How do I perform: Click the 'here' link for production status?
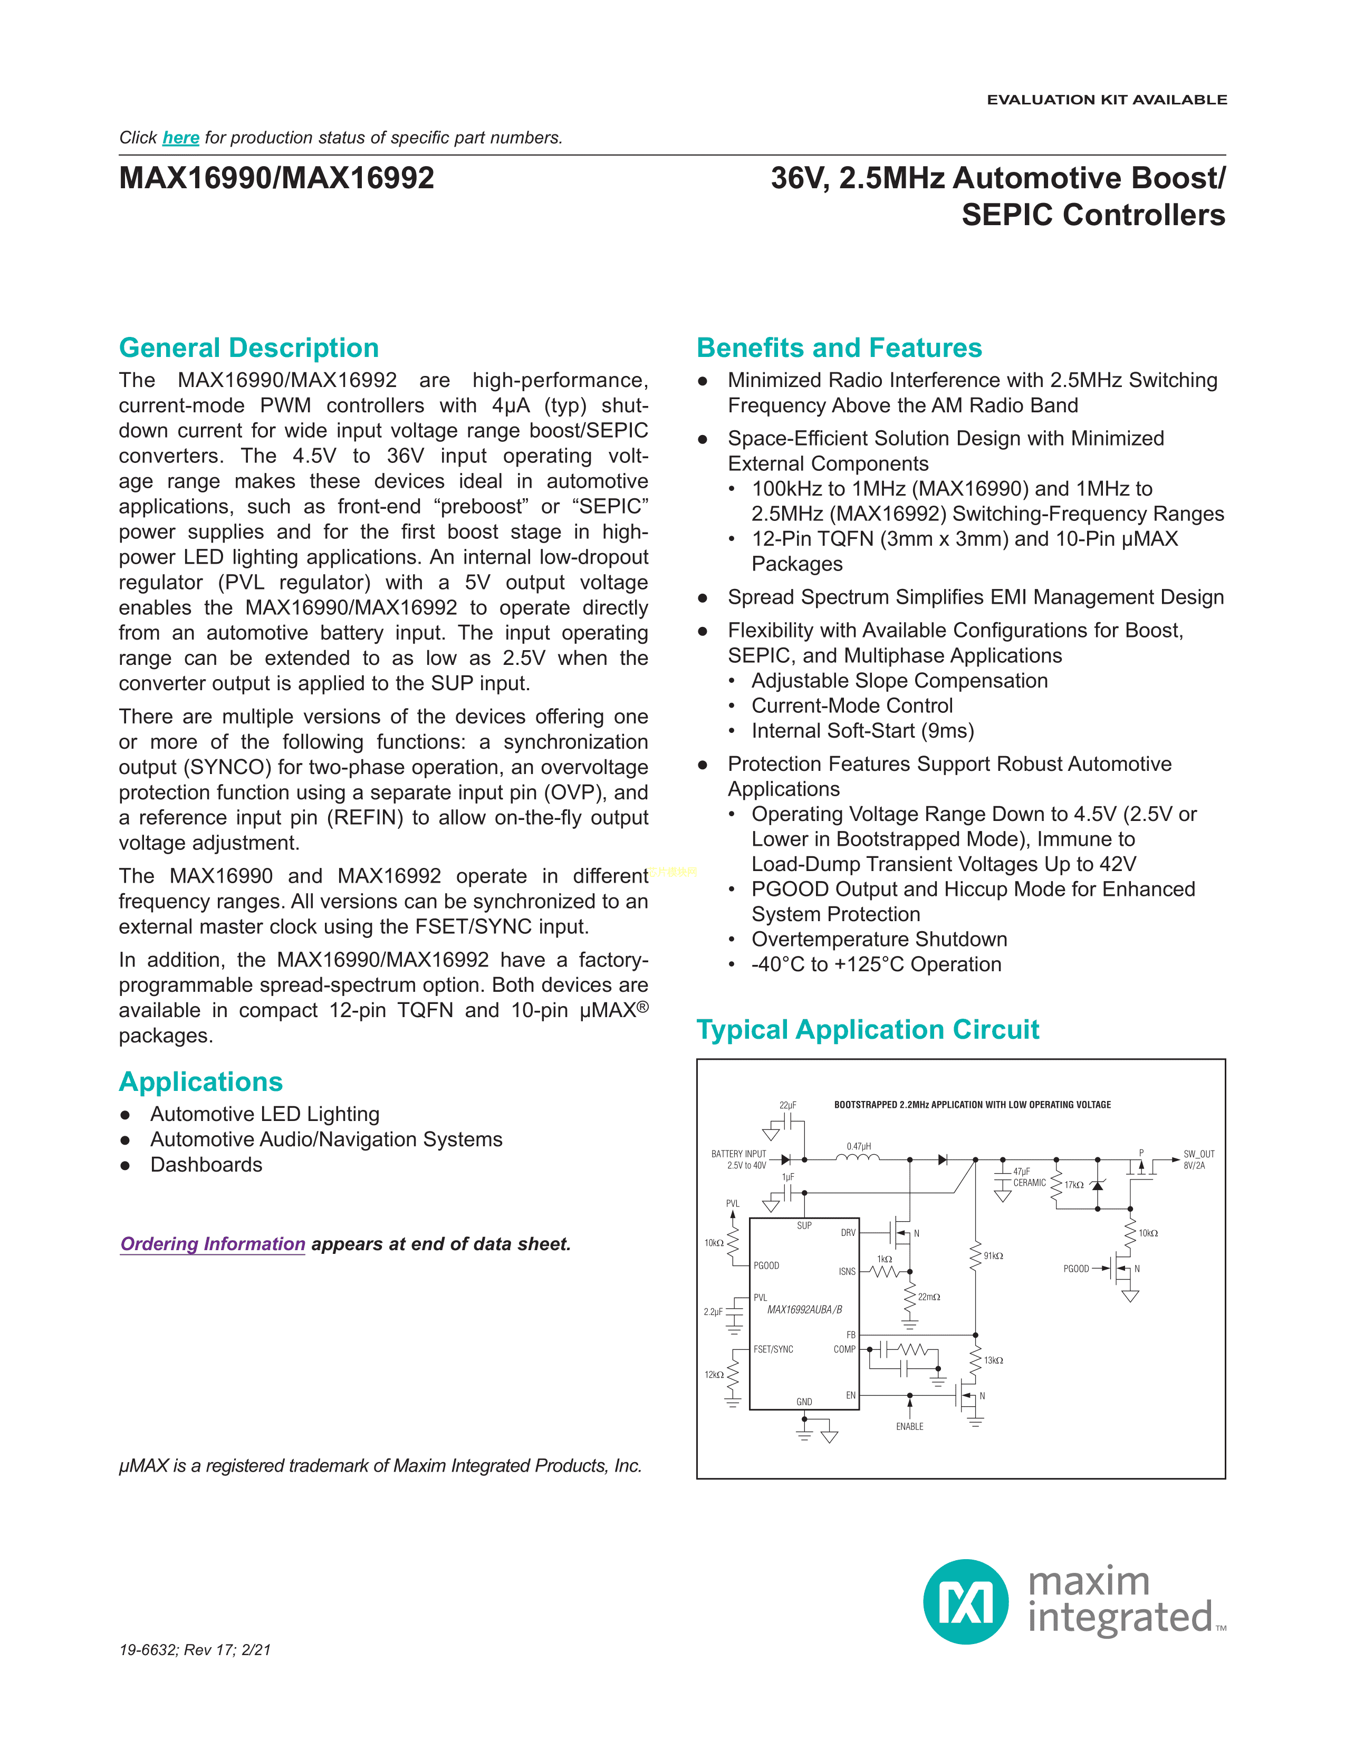coord(181,138)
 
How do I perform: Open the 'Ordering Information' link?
coord(213,1244)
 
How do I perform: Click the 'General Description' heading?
coord(248,348)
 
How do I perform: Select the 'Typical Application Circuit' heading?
coord(868,1029)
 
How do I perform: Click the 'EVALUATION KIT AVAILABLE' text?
coord(1107,100)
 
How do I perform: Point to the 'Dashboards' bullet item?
coord(206,1165)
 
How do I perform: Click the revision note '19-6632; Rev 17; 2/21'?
coord(195,1650)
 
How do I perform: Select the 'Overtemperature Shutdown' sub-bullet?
coord(879,939)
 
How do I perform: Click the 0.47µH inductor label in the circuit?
coord(859,1146)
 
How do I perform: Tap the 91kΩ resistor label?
coord(993,1255)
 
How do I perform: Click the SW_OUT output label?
coord(1198,1154)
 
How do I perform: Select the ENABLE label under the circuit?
coord(909,1426)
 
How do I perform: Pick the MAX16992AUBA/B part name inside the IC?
coord(804,1310)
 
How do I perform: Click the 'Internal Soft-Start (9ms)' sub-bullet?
coord(862,731)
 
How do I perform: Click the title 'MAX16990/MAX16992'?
coord(276,178)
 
